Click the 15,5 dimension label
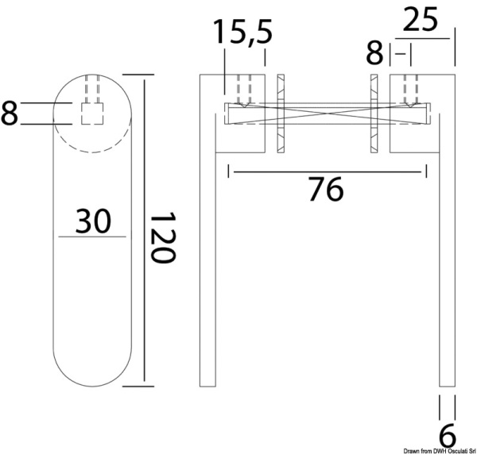click(242, 33)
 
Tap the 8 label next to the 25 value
click(374, 53)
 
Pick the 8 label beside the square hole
click(10, 113)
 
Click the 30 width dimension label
click(92, 221)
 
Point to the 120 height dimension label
click(162, 238)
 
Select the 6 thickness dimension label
click(448, 434)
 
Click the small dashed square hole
click(93, 113)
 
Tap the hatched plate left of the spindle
click(279, 115)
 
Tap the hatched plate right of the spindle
click(374, 115)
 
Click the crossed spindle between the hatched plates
click(327, 114)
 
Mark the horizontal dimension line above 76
click(327, 170)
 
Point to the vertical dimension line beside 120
click(145, 230)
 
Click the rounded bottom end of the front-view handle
click(93, 373)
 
